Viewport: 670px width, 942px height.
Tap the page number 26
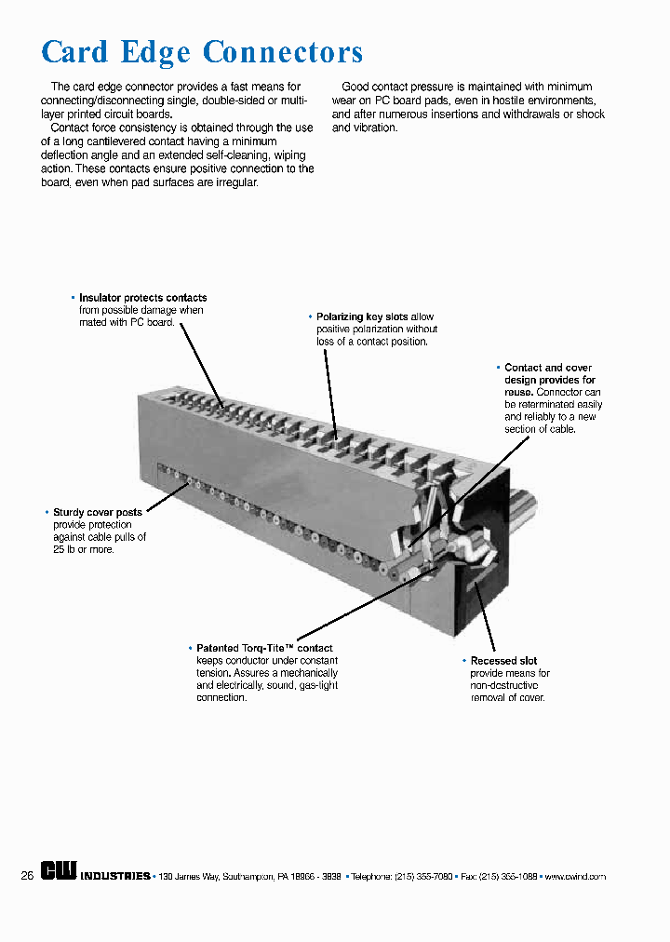click(27, 876)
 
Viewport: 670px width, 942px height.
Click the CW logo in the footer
click(59, 874)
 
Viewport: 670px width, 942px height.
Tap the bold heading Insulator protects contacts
click(142, 298)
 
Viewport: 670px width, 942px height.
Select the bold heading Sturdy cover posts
click(98, 513)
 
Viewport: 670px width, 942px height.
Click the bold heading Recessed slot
click(503, 661)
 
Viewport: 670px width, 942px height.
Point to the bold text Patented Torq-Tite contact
click(264, 648)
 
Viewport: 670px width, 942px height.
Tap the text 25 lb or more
click(84, 549)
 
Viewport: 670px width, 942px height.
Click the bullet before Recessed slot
click(463, 661)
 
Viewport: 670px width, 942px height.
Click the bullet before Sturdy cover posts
click(47, 513)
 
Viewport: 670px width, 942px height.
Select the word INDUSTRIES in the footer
click(115, 877)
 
